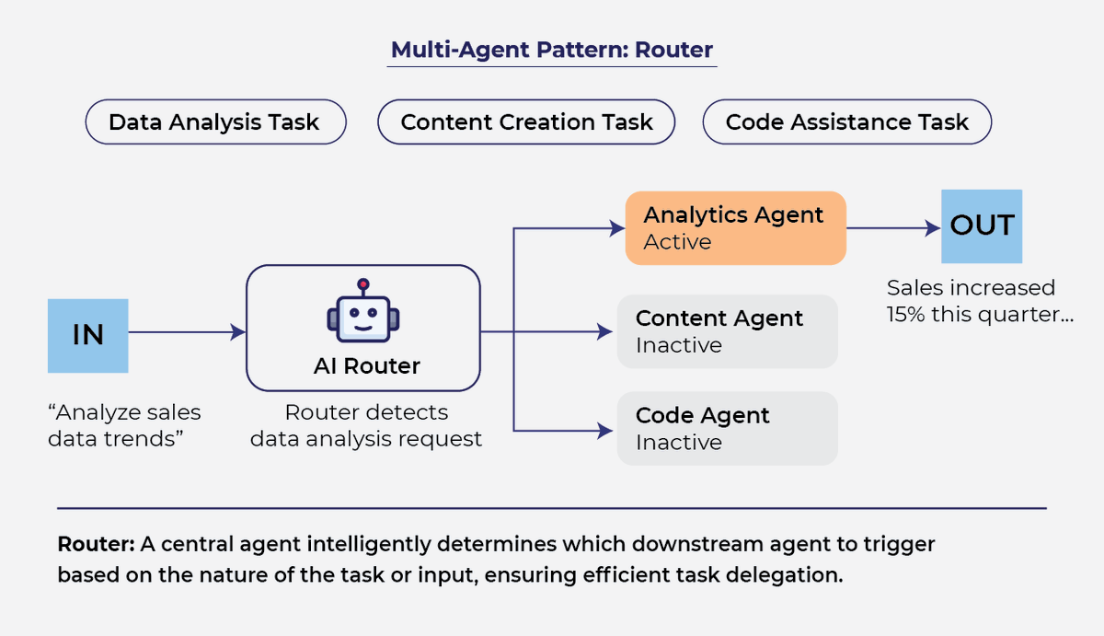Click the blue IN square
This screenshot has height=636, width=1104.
pos(87,336)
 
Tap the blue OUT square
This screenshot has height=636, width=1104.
pos(982,226)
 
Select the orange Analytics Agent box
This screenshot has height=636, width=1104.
pos(736,228)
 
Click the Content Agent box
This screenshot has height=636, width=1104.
pos(728,331)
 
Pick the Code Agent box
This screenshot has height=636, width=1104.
pos(728,428)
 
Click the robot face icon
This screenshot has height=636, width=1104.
pos(363,310)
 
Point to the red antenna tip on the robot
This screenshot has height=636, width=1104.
pos(363,284)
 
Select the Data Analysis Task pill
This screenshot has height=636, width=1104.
pos(216,121)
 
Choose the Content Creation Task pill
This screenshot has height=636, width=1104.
pos(526,121)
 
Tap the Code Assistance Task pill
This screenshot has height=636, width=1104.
pos(847,121)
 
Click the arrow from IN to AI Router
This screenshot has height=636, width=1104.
pos(187,331)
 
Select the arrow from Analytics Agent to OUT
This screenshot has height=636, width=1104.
pos(893,228)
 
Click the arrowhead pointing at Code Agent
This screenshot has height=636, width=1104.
pos(604,431)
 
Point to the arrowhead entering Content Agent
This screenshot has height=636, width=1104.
pos(604,331)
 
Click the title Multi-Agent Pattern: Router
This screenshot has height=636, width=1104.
pos(551,50)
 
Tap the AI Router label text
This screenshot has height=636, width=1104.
pos(367,365)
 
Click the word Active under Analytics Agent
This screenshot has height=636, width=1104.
pos(678,242)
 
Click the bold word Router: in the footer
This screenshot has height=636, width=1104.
pos(96,544)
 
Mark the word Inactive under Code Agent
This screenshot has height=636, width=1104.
pos(679,443)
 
